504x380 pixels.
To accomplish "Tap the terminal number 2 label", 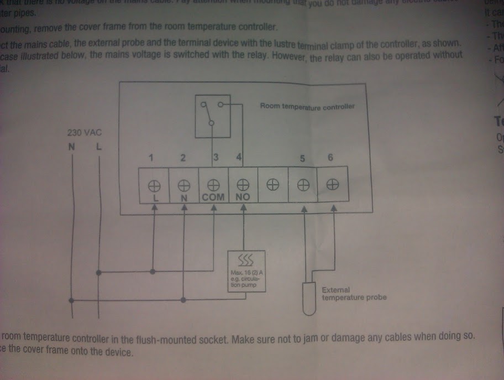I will (x=183, y=158).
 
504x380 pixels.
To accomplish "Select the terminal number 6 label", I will (x=330, y=158).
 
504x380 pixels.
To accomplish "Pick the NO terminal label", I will (x=243, y=196).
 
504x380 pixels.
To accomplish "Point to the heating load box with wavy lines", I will (x=246, y=271).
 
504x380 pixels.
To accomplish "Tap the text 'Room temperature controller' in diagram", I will (x=307, y=106).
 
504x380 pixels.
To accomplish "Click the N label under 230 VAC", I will (x=71, y=147).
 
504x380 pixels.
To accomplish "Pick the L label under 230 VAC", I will (x=98, y=147).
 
